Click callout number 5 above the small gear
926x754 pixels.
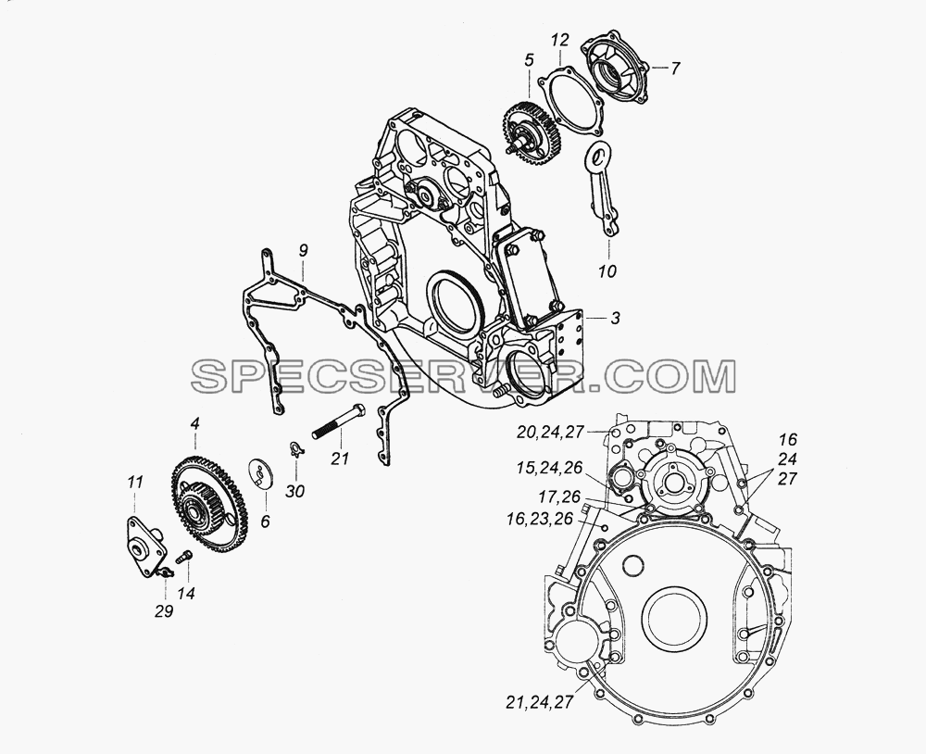tap(529, 59)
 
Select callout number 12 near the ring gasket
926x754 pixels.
tap(560, 40)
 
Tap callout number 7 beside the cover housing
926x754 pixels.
tap(674, 68)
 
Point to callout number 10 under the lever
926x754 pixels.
tap(607, 270)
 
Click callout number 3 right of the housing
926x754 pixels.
tap(616, 319)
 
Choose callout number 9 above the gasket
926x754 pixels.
tap(303, 250)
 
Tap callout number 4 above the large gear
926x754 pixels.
tap(194, 423)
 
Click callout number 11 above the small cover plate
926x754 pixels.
tap(135, 483)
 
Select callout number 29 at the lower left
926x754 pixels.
tap(164, 611)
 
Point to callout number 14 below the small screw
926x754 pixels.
tap(186, 594)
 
